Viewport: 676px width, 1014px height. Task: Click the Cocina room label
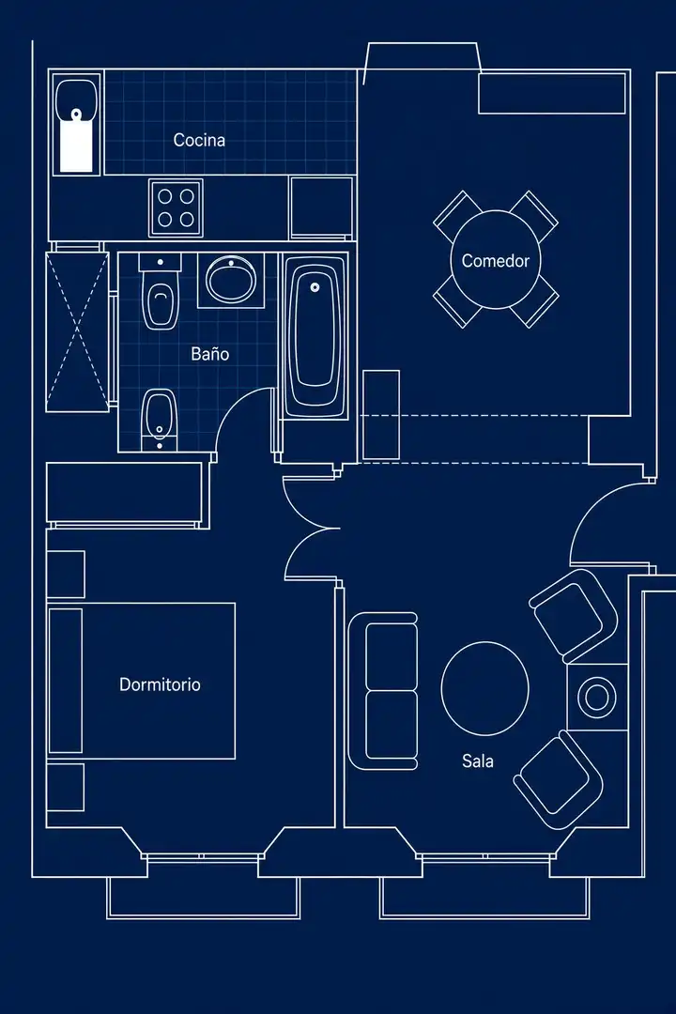pyautogui.click(x=199, y=140)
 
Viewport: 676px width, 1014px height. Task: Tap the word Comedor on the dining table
pyautogui.click(x=496, y=261)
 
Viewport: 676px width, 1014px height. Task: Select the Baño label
pyautogui.click(x=210, y=354)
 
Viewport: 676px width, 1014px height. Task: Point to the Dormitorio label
pyautogui.click(x=160, y=684)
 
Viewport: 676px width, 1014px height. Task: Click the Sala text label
pyautogui.click(x=478, y=761)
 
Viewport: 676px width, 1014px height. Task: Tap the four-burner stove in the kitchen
pyautogui.click(x=176, y=208)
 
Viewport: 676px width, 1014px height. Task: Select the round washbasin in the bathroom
pyautogui.click(x=231, y=280)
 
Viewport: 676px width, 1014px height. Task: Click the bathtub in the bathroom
pyautogui.click(x=315, y=336)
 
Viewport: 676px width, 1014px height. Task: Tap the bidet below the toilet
pyautogui.click(x=159, y=419)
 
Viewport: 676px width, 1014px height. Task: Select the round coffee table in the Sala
pyautogui.click(x=485, y=688)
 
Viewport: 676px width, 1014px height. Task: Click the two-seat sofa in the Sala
pyautogui.click(x=383, y=691)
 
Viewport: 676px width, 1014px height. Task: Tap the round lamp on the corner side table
pyautogui.click(x=596, y=697)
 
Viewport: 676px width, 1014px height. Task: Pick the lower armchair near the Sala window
pyautogui.click(x=559, y=779)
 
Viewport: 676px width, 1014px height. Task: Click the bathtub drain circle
pyautogui.click(x=315, y=287)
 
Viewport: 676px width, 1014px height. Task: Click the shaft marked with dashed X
pyautogui.click(x=77, y=332)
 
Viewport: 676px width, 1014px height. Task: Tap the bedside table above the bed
pyautogui.click(x=66, y=575)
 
